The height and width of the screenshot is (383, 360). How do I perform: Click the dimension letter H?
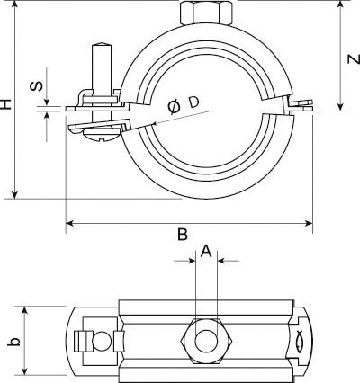coord(5,104)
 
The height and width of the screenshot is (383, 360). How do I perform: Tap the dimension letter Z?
coord(354,59)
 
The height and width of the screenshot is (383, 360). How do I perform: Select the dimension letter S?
coord(36,86)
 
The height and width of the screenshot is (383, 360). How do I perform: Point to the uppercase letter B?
coord(183,235)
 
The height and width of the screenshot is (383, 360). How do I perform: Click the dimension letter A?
coord(206,251)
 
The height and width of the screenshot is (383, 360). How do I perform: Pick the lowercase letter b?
coord(14,342)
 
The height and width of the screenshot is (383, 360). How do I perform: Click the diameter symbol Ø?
coord(175,107)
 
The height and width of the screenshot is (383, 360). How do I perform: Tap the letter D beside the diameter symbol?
coord(194,102)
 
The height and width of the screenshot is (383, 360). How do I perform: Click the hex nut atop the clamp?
coord(206,13)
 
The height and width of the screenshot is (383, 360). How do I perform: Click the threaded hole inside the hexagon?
coord(206,341)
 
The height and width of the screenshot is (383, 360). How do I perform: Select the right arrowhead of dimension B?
coord(309,223)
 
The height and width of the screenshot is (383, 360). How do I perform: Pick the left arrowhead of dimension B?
coord(70,223)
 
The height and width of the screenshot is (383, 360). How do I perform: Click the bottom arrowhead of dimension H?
coord(14,194)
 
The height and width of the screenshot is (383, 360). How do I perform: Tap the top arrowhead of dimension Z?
coord(340,4)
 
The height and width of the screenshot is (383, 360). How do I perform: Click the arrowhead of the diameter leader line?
coord(155,123)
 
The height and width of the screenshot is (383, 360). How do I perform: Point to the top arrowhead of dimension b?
coord(25,310)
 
